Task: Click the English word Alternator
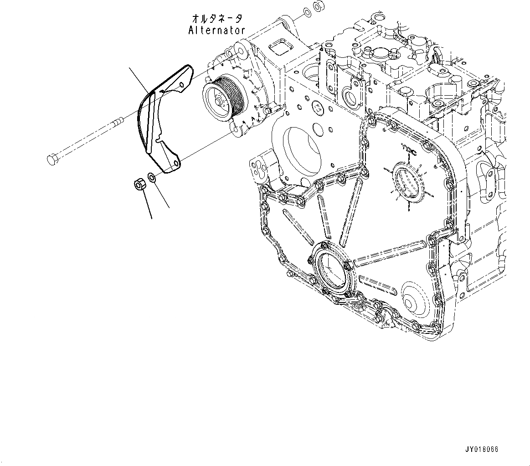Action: tap(216, 30)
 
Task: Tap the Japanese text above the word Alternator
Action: tap(216, 19)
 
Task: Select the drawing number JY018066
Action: tap(482, 449)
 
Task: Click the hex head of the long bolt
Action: tap(51, 159)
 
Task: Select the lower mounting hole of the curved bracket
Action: tap(176, 163)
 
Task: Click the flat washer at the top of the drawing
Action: tap(307, 10)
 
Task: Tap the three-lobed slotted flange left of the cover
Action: tap(260, 170)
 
